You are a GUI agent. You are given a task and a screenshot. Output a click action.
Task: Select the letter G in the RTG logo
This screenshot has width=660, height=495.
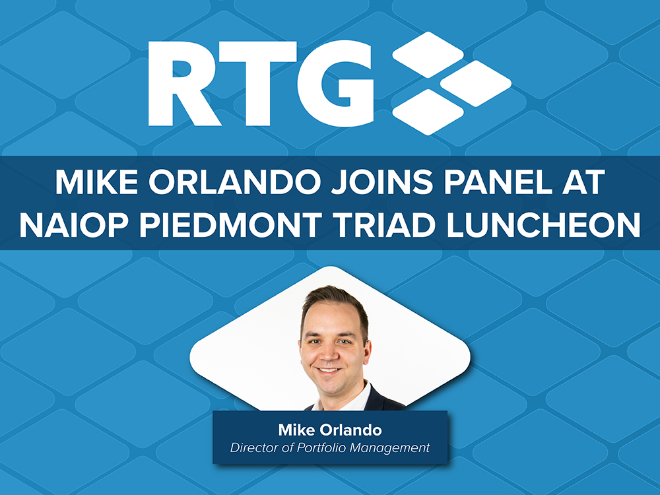(x=335, y=83)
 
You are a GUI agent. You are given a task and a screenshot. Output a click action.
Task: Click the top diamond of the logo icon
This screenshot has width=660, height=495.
(x=428, y=55)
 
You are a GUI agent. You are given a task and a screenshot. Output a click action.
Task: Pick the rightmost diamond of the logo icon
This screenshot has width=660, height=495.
(x=476, y=83)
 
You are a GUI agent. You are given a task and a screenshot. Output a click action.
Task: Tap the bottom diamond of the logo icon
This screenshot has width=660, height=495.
(x=428, y=112)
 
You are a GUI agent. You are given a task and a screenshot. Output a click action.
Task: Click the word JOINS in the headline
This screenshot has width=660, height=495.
(x=381, y=182)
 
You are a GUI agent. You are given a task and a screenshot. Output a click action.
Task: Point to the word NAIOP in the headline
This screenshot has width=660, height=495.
(x=74, y=225)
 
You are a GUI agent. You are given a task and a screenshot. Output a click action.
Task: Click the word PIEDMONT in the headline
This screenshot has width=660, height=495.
(x=230, y=225)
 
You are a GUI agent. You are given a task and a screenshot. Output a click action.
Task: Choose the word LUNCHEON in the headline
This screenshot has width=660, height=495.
(x=543, y=225)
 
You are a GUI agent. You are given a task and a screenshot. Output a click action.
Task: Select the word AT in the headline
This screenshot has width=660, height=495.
(x=583, y=182)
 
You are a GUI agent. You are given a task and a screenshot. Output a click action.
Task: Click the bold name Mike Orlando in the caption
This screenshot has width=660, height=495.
(x=330, y=430)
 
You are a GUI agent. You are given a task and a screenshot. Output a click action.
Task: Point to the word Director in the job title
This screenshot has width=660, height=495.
(x=255, y=447)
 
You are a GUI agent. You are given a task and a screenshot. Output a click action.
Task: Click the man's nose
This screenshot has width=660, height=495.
(x=327, y=354)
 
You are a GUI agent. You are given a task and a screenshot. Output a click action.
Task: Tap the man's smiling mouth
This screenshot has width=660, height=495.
(x=328, y=371)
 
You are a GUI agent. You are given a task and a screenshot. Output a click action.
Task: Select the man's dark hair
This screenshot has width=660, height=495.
(x=335, y=302)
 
